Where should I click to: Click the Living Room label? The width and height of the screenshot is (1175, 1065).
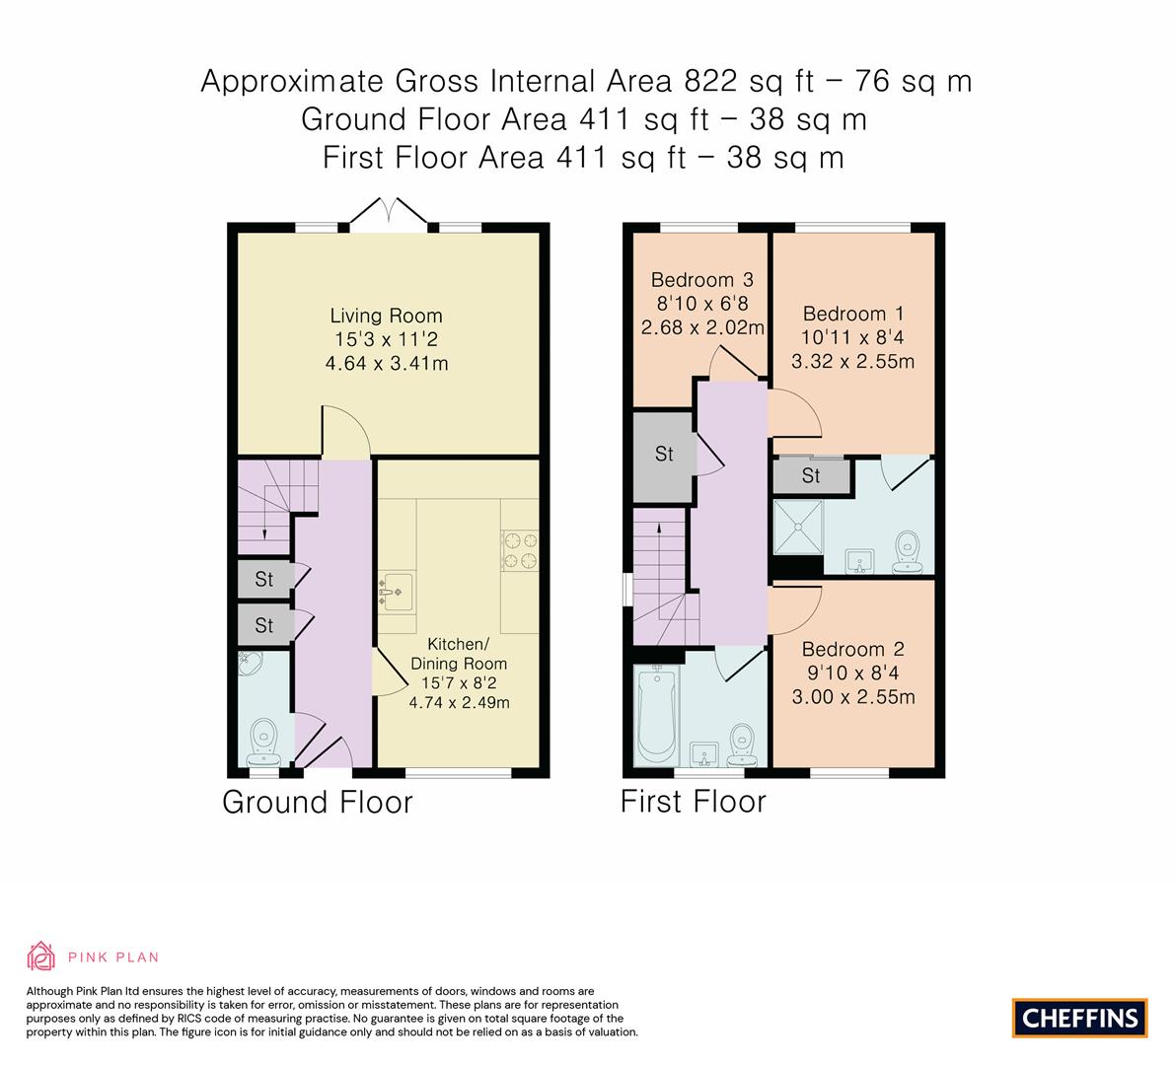[x=386, y=317]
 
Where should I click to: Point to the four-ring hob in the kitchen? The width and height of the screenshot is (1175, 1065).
[x=520, y=550]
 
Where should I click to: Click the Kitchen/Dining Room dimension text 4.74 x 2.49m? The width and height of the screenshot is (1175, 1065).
[x=459, y=703]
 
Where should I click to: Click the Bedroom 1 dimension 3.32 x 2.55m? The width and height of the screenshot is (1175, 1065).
[x=852, y=361]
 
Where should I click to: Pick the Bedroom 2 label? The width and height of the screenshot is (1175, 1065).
[x=852, y=650]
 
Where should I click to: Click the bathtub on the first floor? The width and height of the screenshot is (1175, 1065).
[x=655, y=716]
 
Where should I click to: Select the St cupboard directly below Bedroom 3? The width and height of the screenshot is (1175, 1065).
[x=664, y=454]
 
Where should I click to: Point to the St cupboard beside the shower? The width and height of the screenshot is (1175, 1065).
[x=811, y=477]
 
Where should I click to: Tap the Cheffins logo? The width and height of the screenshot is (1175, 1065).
[x=1079, y=1018]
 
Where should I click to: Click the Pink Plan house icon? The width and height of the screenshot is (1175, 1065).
[x=41, y=957]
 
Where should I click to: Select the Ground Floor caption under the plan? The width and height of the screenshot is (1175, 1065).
[x=317, y=802]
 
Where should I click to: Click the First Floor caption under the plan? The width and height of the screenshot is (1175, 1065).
[x=693, y=802]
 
